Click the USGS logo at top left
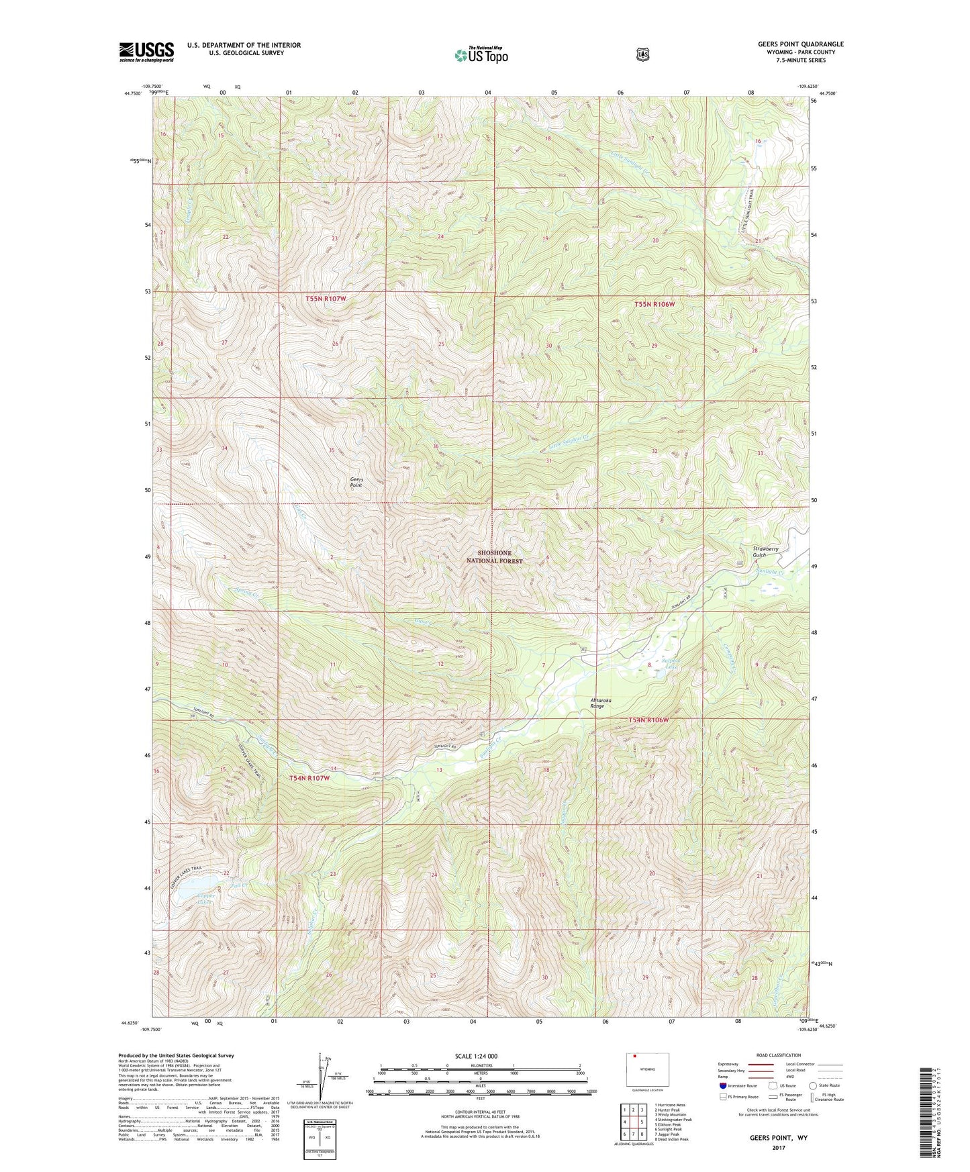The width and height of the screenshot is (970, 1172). (x=146, y=52)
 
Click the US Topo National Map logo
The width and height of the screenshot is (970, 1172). (x=481, y=54)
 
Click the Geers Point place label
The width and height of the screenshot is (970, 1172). (x=356, y=481)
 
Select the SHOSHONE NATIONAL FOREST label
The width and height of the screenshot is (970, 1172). (x=495, y=556)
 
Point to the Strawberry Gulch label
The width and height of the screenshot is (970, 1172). (x=765, y=552)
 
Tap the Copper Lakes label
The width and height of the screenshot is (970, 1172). (x=205, y=898)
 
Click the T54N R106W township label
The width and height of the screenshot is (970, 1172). (x=648, y=720)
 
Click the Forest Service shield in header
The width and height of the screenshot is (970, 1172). (x=643, y=54)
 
